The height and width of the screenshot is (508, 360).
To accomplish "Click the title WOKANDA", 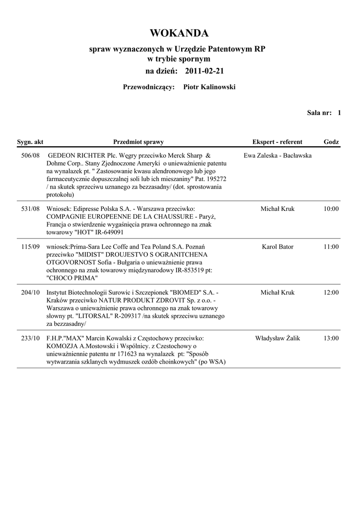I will pyautogui.click(x=179, y=33).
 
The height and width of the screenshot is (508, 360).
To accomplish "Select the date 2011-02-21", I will pyautogui.click(x=204, y=71).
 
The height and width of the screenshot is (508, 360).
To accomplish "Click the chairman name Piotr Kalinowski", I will pyautogui.click(x=210, y=87).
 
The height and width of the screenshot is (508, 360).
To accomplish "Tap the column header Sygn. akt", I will pyautogui.click(x=30, y=142).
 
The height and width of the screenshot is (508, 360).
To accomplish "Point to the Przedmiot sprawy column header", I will pyautogui.click(x=139, y=142).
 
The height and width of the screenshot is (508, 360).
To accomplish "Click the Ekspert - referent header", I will pyautogui.click(x=277, y=142).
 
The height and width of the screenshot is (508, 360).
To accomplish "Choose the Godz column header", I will pyautogui.click(x=331, y=142).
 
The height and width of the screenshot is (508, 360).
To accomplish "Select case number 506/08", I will pyautogui.click(x=31, y=155).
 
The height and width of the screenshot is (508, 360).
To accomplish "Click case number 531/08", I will pyautogui.click(x=31, y=209).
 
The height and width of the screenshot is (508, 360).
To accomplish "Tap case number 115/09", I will pyautogui.click(x=31, y=247).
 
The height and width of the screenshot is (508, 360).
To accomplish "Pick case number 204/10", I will pyautogui.click(x=31, y=293).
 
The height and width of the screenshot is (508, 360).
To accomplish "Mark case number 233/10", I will pyautogui.click(x=31, y=338).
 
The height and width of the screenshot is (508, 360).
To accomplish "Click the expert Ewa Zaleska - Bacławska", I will pyautogui.click(x=278, y=155).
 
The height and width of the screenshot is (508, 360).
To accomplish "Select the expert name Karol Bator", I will pyautogui.click(x=278, y=247).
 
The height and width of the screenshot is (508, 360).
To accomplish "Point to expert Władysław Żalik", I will pyautogui.click(x=278, y=338).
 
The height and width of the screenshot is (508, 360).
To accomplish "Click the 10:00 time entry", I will pyautogui.click(x=331, y=209).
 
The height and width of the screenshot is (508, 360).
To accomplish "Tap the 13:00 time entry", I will pyautogui.click(x=331, y=338).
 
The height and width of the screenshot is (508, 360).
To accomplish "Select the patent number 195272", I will pyautogui.click(x=216, y=179).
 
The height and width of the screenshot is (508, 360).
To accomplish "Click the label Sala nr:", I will pyautogui.click(x=319, y=113).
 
